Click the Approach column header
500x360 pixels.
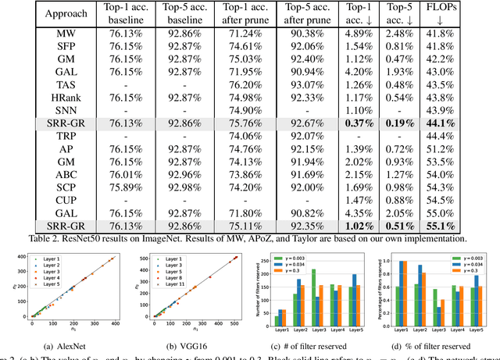click(49, 14)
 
